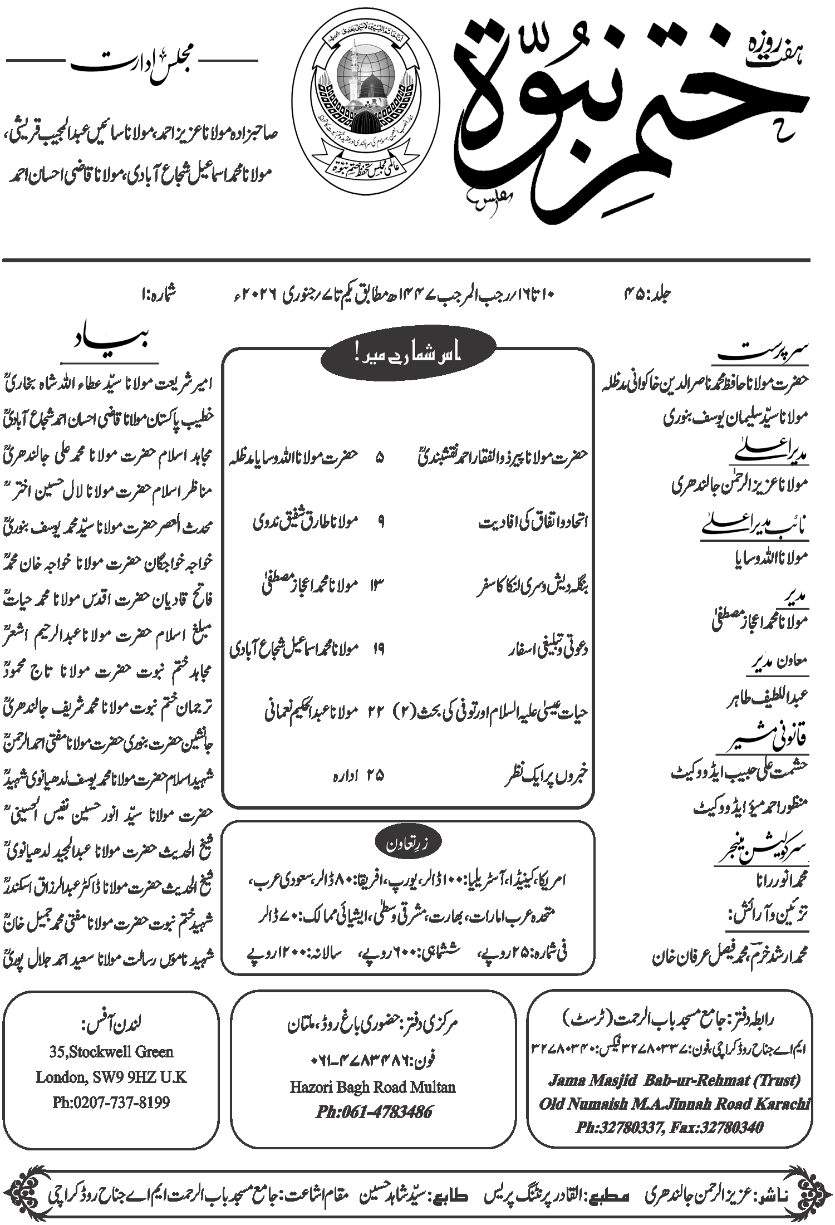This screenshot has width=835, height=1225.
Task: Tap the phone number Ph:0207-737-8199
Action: tap(111, 1102)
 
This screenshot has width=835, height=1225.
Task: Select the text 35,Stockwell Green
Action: tap(111, 1052)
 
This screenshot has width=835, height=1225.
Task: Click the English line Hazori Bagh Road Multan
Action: tap(372, 1087)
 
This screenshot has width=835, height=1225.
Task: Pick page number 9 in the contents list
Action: tap(381, 522)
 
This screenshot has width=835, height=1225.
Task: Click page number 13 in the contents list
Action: tap(377, 585)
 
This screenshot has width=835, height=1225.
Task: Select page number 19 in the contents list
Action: tap(378, 649)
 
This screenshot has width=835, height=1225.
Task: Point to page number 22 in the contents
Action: tap(376, 712)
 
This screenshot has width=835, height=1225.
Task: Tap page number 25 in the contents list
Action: tap(376, 776)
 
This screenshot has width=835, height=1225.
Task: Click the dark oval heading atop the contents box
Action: tap(408, 356)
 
